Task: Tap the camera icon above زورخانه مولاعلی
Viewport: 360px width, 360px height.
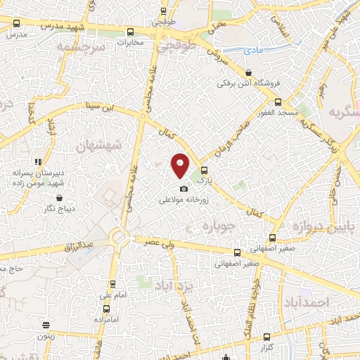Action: [184, 188]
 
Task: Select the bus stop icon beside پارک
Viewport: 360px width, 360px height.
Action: [205, 169]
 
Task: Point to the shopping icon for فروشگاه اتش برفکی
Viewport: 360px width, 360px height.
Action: [250, 72]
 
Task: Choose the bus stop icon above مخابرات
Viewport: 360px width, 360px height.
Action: [130, 32]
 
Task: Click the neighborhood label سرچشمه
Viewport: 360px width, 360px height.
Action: [84, 46]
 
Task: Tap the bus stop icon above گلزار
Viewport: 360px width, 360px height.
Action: [266, 337]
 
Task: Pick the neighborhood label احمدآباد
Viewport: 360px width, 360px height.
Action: [328, 301]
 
